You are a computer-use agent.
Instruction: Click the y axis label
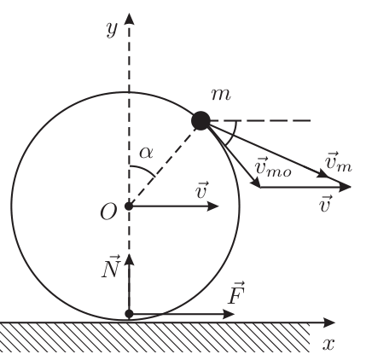pos(112,30)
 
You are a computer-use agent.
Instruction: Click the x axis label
pos(328,344)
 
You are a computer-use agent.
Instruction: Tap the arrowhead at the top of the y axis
pos(130,19)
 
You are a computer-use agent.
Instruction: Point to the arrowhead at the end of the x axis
pos(330,322)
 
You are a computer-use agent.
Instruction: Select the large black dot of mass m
pos(200,121)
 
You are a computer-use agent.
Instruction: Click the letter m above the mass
pos(221,96)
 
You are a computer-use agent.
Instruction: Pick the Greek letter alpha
pos(146,154)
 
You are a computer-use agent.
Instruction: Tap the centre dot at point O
pos(129,206)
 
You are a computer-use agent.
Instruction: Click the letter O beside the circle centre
pos(108,212)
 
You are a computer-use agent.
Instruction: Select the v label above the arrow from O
pos(202,190)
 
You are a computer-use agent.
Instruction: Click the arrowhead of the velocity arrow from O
pos(213,206)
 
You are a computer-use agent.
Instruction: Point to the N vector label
pos(110,267)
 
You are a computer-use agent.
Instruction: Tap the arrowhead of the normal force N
pos(130,259)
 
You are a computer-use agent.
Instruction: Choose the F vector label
pos(236,293)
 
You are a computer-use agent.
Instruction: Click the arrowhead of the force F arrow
pos(229,314)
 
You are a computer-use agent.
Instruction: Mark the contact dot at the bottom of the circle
pos(130,314)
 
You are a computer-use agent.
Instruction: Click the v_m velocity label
pos(339,162)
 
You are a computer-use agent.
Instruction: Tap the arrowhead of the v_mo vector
pos(256,183)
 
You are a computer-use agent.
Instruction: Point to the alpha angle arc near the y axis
pos(144,169)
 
